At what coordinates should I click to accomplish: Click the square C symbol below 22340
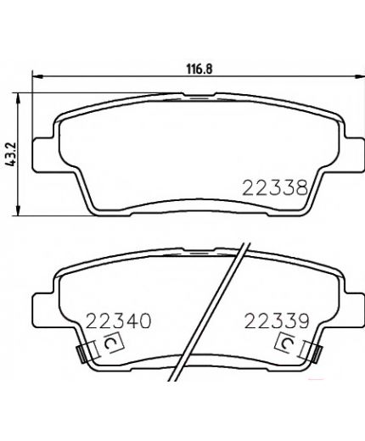112,344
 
